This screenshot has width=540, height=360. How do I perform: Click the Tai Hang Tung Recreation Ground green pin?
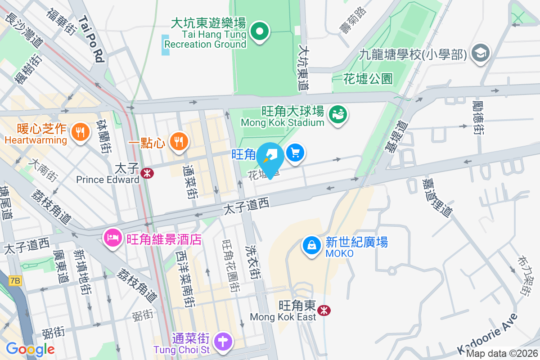[x=260, y=31]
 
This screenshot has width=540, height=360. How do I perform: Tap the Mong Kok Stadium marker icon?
[x=337, y=114]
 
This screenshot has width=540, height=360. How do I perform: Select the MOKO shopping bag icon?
[x=311, y=245]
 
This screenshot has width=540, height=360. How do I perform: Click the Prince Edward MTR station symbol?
[x=146, y=173]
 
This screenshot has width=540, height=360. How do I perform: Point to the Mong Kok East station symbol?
[x=324, y=310]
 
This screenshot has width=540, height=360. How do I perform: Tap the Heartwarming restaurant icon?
[x=80, y=132]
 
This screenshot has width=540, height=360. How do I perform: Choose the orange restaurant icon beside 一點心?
[x=179, y=142]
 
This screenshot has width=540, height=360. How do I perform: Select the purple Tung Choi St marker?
[x=223, y=341]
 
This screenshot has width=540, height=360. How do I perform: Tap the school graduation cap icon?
[x=480, y=53]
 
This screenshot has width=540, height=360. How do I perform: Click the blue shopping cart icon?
[x=295, y=153]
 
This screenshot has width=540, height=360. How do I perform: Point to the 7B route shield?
[x=15, y=281]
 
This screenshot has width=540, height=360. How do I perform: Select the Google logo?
[x=30, y=349]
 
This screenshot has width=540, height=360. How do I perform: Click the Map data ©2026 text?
[x=502, y=354]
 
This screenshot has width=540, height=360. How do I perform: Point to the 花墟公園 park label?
[x=368, y=79]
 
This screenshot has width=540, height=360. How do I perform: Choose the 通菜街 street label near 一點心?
[x=190, y=181]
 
